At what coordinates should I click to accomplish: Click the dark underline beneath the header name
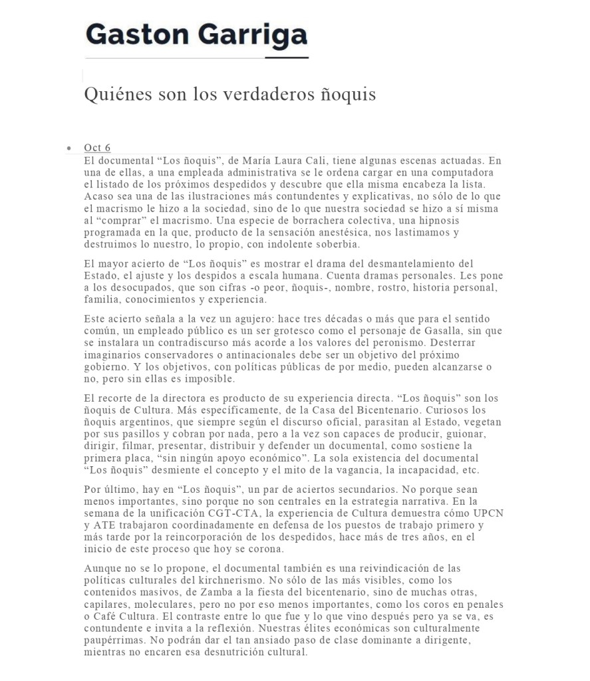[x=287, y=58]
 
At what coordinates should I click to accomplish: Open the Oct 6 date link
[x=97, y=148]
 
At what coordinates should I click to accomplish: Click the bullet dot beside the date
[x=69, y=148]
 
